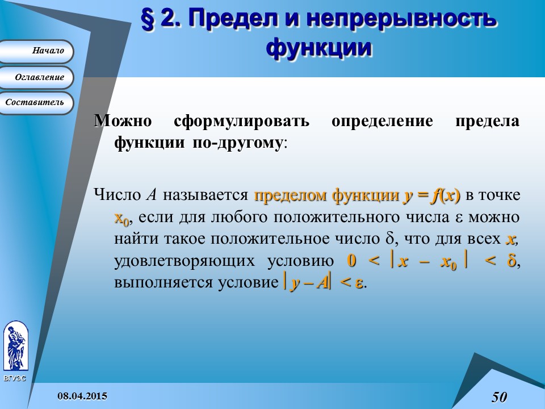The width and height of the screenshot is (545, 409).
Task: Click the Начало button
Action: (x=36, y=51)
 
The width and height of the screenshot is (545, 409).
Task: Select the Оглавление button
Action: (x=36, y=77)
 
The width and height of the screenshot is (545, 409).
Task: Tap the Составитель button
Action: (x=36, y=103)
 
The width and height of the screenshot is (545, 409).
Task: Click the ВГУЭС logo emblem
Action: (x=15, y=347)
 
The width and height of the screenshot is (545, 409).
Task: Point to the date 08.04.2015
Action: (x=82, y=395)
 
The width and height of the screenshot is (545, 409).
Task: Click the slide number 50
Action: (x=500, y=397)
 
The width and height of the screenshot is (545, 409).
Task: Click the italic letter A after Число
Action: (x=151, y=196)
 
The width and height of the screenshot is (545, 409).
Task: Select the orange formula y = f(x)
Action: (x=431, y=196)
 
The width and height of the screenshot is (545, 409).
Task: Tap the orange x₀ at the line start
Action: (x=122, y=218)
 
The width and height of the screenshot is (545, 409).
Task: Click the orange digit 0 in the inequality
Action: (x=352, y=261)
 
